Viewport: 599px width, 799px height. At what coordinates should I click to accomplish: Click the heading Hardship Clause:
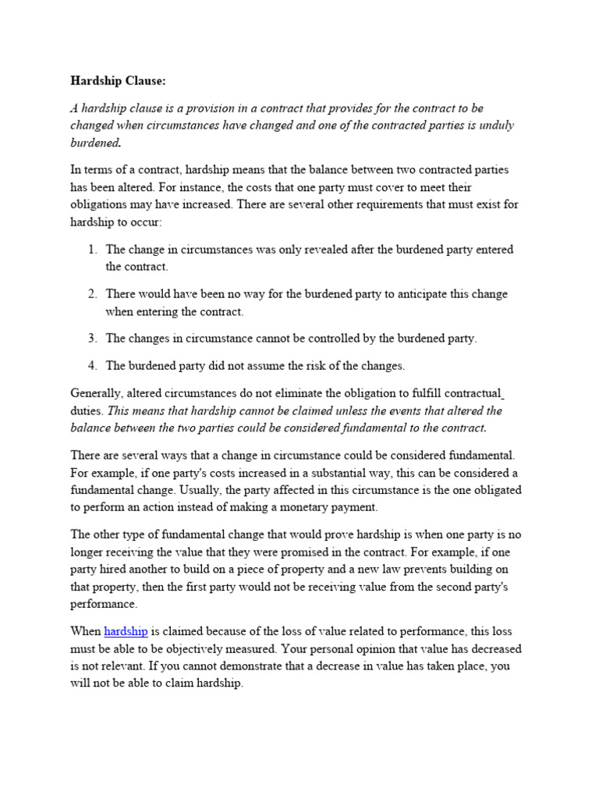click(119, 80)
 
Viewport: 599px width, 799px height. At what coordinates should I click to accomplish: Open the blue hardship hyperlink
click(126, 631)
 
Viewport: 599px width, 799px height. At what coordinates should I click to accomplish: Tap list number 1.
click(92, 250)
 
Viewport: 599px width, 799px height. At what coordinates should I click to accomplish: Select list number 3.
click(92, 339)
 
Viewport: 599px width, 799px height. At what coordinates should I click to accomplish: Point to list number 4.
click(92, 365)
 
